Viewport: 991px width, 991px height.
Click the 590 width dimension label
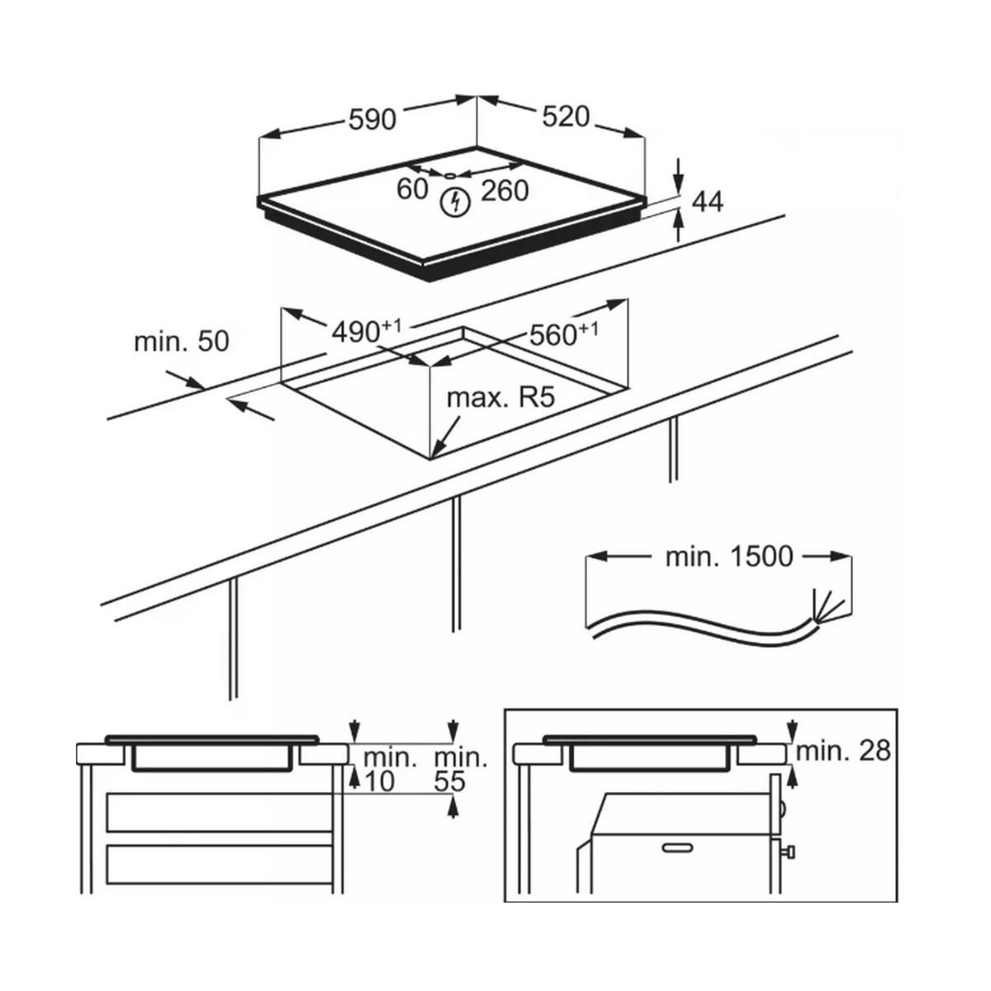372,120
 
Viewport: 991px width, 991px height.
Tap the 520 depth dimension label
566,116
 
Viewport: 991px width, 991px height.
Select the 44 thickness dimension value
708,202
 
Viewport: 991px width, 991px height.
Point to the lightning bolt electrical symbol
455,202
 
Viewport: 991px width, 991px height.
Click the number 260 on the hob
505,191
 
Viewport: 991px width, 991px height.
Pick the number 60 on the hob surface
412,189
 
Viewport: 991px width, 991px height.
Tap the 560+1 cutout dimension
564,334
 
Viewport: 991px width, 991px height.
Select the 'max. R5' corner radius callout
501,397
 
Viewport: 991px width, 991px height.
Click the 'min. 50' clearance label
182,341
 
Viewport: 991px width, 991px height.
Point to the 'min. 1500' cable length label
729,557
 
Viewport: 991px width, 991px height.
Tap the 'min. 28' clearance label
843,752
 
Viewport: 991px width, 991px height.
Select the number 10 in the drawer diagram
380,782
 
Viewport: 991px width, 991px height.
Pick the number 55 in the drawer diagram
450,782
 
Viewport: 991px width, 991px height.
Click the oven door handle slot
677,847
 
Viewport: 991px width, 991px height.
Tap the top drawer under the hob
220,813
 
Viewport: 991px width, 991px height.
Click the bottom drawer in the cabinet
220,865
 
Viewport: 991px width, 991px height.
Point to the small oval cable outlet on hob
450,176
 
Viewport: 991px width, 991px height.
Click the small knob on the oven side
789,852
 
